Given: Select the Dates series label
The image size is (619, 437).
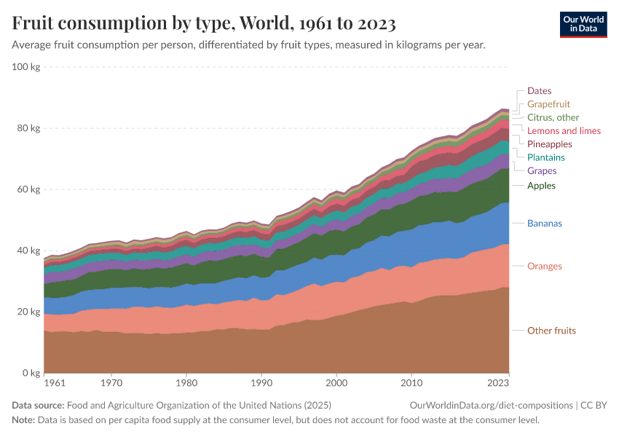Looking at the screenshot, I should tap(540, 90).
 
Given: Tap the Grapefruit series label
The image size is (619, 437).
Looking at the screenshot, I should tap(548, 104).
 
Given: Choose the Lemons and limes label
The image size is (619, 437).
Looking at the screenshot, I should tap(564, 131).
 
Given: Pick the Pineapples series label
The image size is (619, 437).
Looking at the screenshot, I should tap(549, 144).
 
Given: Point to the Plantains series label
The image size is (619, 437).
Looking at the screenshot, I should tap(545, 157).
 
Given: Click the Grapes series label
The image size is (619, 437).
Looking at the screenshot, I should tap(542, 171).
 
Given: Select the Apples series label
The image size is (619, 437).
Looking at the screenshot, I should tap(541, 186).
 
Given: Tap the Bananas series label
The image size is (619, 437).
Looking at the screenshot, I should tap(545, 224).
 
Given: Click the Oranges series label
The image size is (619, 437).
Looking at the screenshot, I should tap(545, 267).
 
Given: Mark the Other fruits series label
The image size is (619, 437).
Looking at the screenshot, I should tap(551, 331).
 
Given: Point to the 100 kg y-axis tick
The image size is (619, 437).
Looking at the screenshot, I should tap(26, 67).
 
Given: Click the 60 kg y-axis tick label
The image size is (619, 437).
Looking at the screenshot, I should tap(29, 189).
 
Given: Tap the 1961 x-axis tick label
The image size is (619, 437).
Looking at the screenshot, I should tap(54, 382).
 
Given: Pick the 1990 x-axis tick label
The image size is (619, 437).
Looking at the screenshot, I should tap(261, 382).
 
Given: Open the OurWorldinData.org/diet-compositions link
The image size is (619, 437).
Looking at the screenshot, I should tap(492, 405).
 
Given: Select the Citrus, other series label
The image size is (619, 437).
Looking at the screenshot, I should tap(553, 117).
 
